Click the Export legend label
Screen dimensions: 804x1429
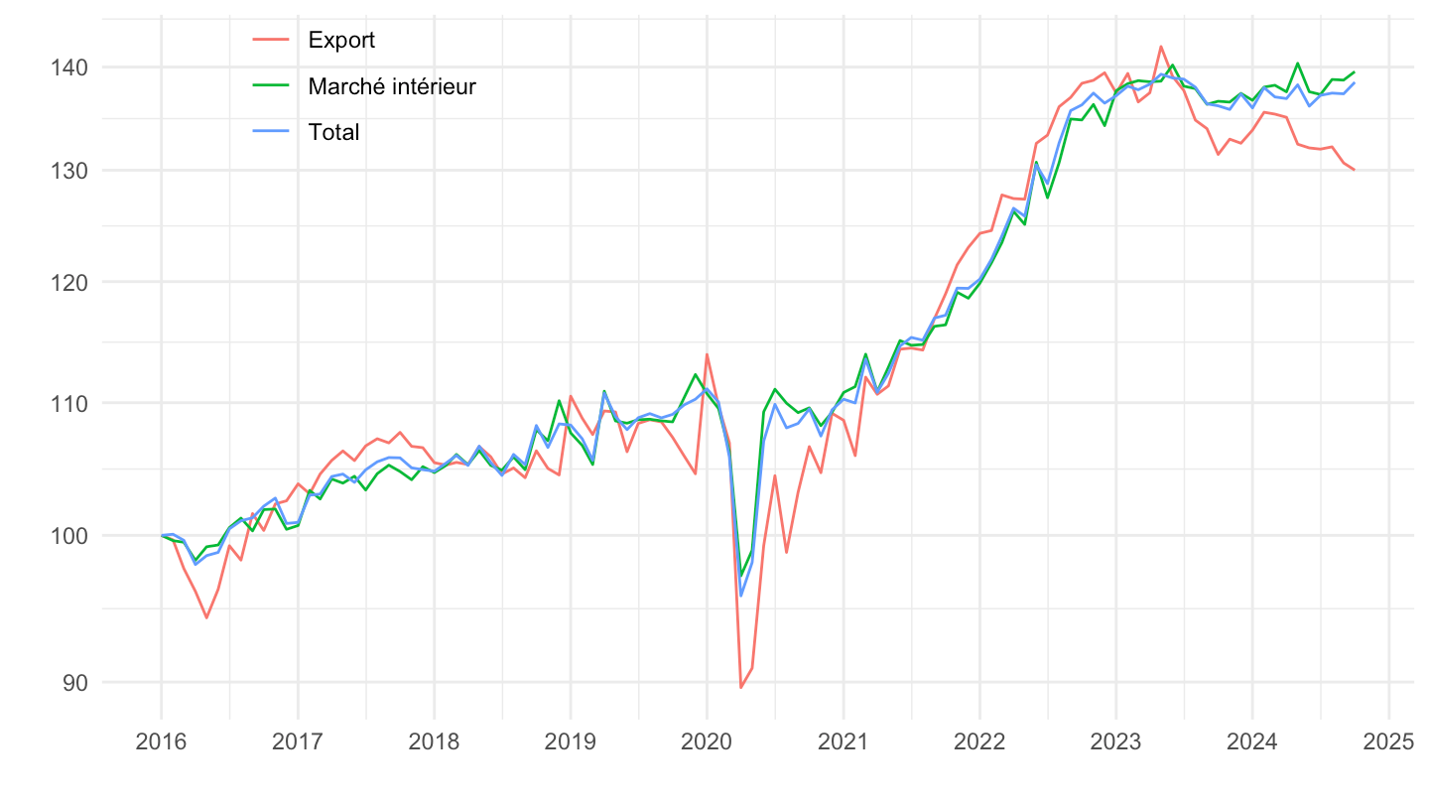[x=341, y=41]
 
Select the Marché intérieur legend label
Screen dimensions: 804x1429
[x=392, y=86]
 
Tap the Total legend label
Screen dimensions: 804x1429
[x=333, y=132]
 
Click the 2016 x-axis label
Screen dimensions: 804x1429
[x=161, y=743]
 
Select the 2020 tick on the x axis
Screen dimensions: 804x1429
[x=707, y=743]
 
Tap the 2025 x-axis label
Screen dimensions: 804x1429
[x=1388, y=743]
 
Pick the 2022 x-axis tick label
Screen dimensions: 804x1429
[x=979, y=743]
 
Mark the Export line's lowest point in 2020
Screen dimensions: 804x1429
[x=741, y=687]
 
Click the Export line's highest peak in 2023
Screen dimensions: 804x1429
[x=1160, y=47]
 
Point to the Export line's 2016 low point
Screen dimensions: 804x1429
[x=206, y=617]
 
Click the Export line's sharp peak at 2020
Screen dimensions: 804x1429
[x=707, y=354]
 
